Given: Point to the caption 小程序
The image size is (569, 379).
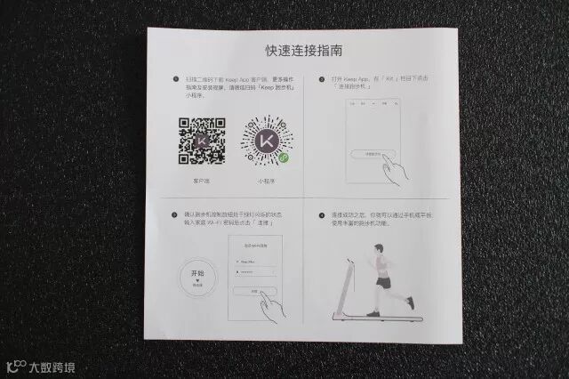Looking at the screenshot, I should [x=264, y=180].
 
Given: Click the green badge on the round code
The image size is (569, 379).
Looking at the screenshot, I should [x=284, y=157].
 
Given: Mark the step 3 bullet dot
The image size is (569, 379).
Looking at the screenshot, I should [x=175, y=214].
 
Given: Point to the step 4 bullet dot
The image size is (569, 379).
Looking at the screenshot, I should [x=321, y=214].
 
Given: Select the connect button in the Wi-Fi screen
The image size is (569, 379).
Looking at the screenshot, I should [x=253, y=291].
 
